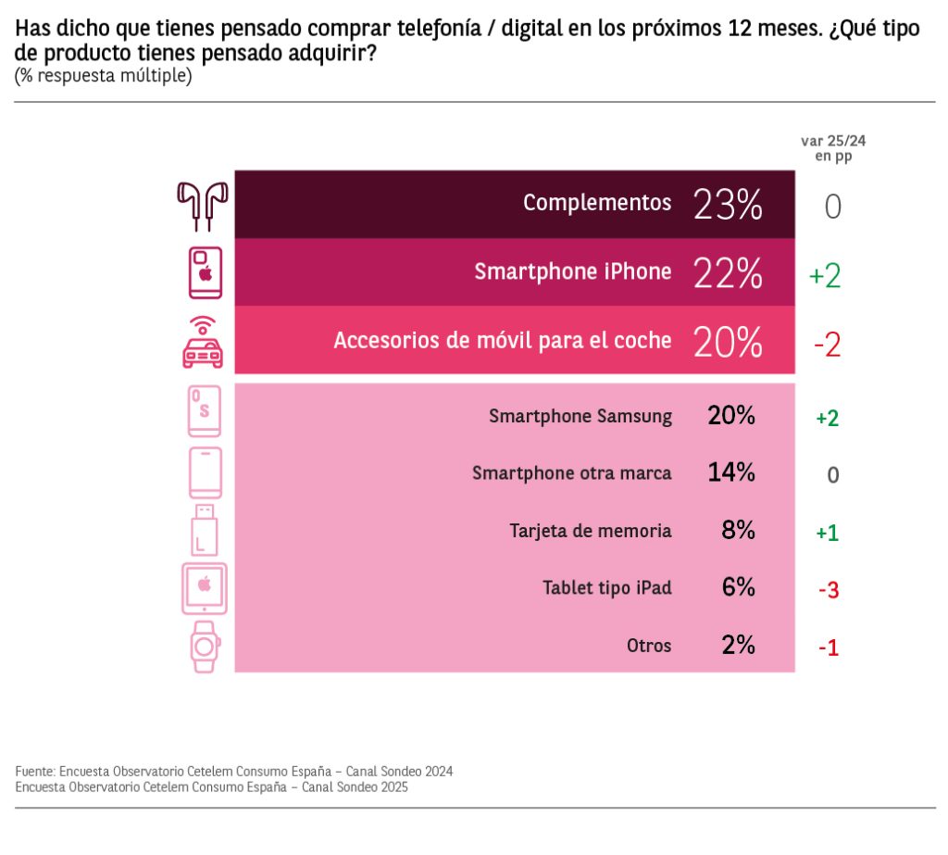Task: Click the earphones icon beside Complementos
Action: [x=203, y=205]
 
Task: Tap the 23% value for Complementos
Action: [x=728, y=205]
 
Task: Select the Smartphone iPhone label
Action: [x=573, y=272]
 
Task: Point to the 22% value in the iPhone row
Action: [x=728, y=273]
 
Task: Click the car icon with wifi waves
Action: [x=203, y=341]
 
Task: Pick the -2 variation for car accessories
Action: [x=827, y=345]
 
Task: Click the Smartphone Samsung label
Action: [x=580, y=417]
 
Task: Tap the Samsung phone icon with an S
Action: [x=204, y=410]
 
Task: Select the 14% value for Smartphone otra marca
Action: [x=731, y=472]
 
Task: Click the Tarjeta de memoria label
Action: [x=591, y=531]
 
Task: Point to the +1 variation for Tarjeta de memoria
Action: [x=827, y=533]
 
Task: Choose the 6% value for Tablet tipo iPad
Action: [x=738, y=587]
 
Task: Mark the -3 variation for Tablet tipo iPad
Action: [x=828, y=590]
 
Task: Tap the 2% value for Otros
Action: [x=738, y=645]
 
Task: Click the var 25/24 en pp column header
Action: [x=833, y=148]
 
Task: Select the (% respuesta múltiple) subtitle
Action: [x=103, y=76]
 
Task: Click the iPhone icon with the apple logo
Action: [x=206, y=272]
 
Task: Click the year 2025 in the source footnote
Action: [x=393, y=787]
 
